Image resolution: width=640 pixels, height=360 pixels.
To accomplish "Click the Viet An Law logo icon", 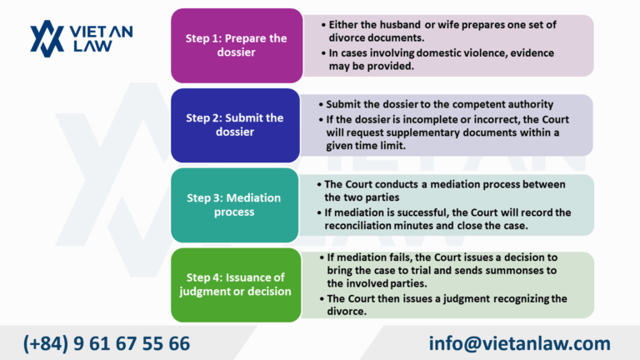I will click(47, 38).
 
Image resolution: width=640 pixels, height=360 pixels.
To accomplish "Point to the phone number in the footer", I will click(107, 342).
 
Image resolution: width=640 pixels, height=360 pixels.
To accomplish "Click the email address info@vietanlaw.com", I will click(520, 342).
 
